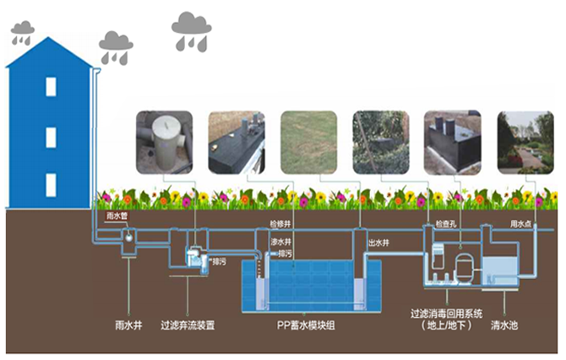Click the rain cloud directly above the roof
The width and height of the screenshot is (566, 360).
click(x=22, y=35)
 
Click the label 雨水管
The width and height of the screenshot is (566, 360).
click(x=116, y=216)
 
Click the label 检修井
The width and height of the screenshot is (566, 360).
click(x=280, y=224)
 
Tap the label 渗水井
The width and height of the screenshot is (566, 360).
click(x=280, y=242)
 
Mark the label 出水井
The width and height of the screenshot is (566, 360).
click(x=378, y=243)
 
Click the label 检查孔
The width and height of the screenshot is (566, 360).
click(x=446, y=224)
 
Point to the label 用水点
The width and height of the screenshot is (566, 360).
click(x=520, y=224)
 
